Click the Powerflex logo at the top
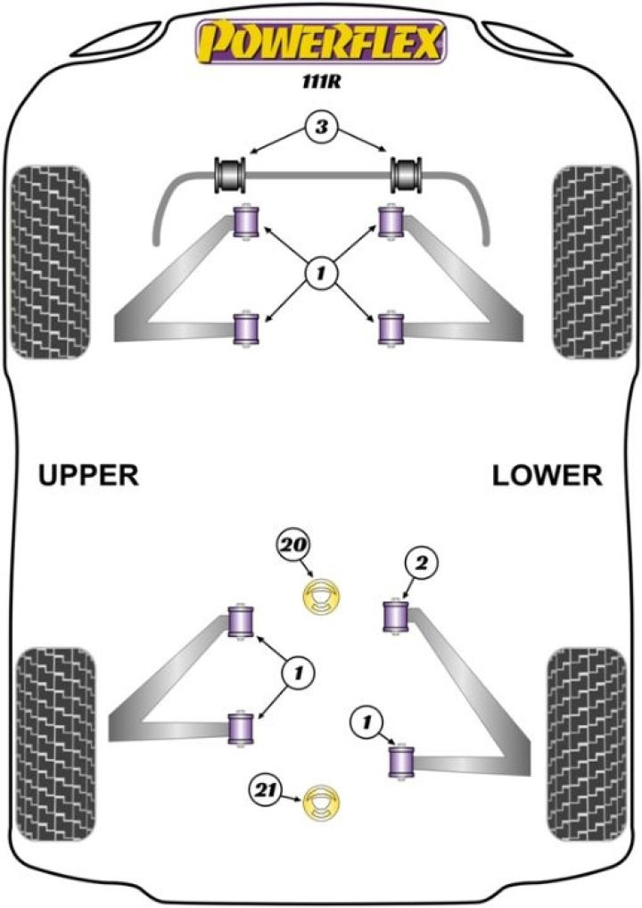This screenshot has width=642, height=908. [321, 43]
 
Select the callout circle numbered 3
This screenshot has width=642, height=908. [321, 129]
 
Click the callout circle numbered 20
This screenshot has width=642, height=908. [292, 545]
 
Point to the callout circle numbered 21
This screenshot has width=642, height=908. [267, 789]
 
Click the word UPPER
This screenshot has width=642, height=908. [88, 476]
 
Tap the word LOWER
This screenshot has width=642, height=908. [547, 476]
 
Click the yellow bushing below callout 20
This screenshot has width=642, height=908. [323, 597]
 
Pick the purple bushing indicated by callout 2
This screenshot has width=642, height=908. [395, 616]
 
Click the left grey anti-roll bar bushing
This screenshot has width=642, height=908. [232, 173]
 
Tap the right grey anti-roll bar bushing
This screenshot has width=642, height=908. [408, 173]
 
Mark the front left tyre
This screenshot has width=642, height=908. [48, 261]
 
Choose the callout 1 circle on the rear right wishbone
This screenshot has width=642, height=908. [365, 720]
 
